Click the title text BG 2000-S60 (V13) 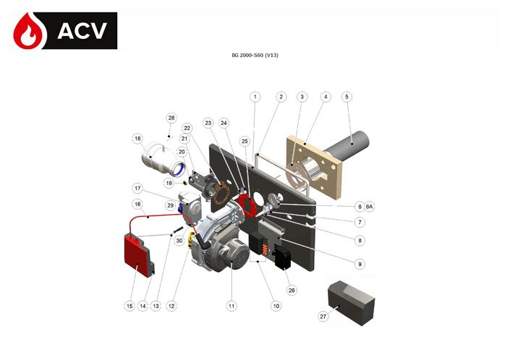(x=255, y=56)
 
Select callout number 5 (x=347, y=96)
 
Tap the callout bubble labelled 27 (x=323, y=316)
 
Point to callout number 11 (x=231, y=306)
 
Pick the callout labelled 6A (x=370, y=207)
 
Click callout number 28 (x=171, y=118)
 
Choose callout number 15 (x=129, y=306)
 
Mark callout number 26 (x=292, y=290)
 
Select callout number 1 (x=255, y=96)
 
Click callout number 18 (x=137, y=138)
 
